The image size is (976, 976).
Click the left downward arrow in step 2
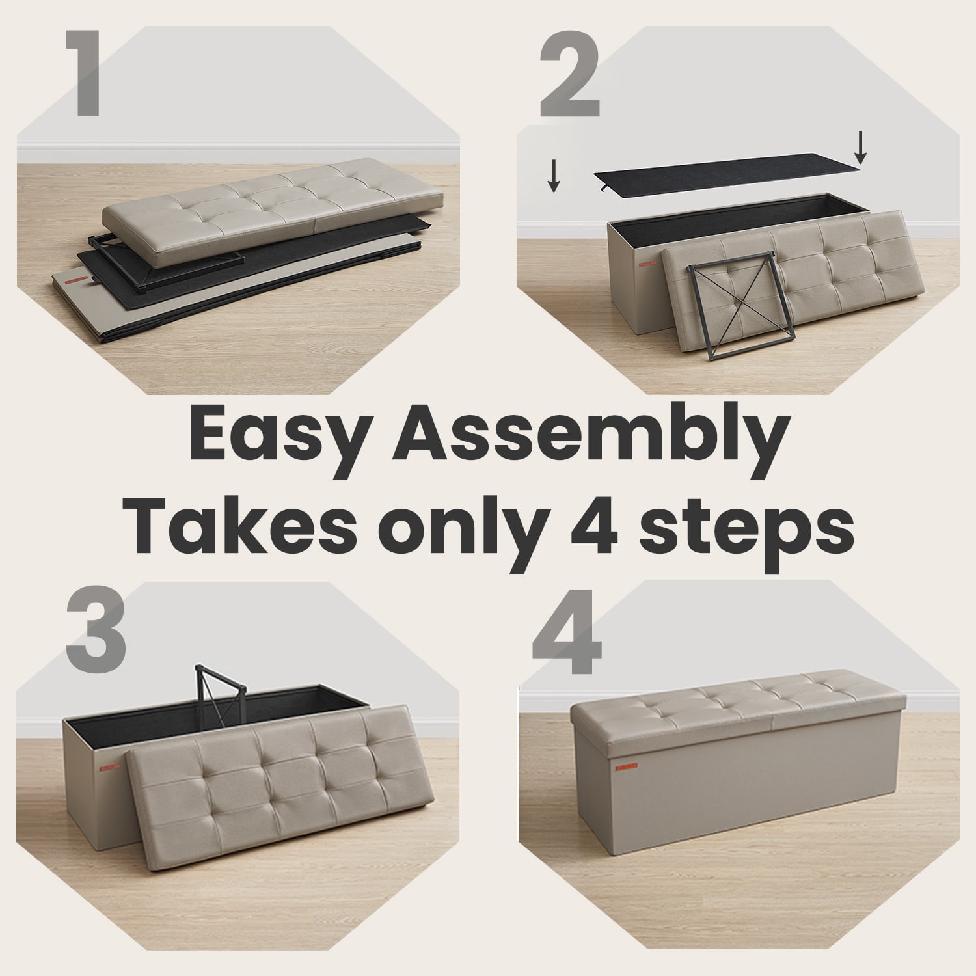pos(553,177)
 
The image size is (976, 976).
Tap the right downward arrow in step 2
pos(860,148)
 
